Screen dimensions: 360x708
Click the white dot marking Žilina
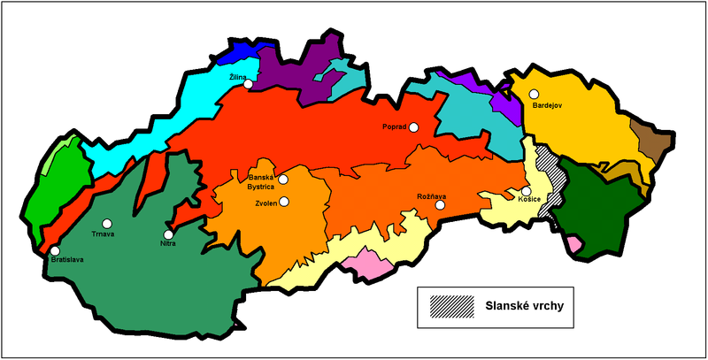click(x=249, y=85)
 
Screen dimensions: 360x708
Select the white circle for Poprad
click(x=413, y=127)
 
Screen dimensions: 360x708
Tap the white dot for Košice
click(x=526, y=191)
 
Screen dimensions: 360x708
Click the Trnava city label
click(x=105, y=235)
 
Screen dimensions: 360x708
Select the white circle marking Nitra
click(x=168, y=234)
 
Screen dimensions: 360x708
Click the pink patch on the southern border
click(x=365, y=260)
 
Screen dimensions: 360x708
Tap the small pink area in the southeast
click(x=575, y=243)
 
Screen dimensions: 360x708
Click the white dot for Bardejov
click(x=534, y=94)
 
